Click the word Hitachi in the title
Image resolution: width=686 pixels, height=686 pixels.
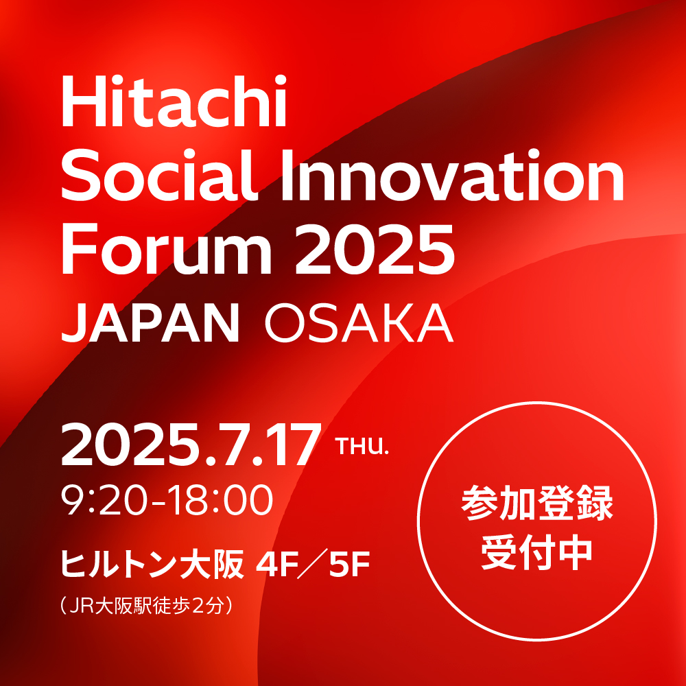coord(174,101)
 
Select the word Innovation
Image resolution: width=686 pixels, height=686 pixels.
coord(452,176)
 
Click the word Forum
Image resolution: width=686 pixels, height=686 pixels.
coord(167,249)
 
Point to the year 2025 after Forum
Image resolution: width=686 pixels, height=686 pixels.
coord(375,249)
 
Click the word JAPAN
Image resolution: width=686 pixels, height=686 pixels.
coord(150,323)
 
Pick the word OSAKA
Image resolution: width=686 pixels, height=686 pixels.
coord(359,323)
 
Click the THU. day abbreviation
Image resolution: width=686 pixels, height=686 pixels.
coord(362,447)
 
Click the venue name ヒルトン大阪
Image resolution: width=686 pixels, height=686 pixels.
coord(152,564)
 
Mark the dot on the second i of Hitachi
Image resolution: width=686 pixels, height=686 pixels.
coord(279,80)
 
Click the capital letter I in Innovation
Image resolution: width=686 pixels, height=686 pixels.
coord(287,176)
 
